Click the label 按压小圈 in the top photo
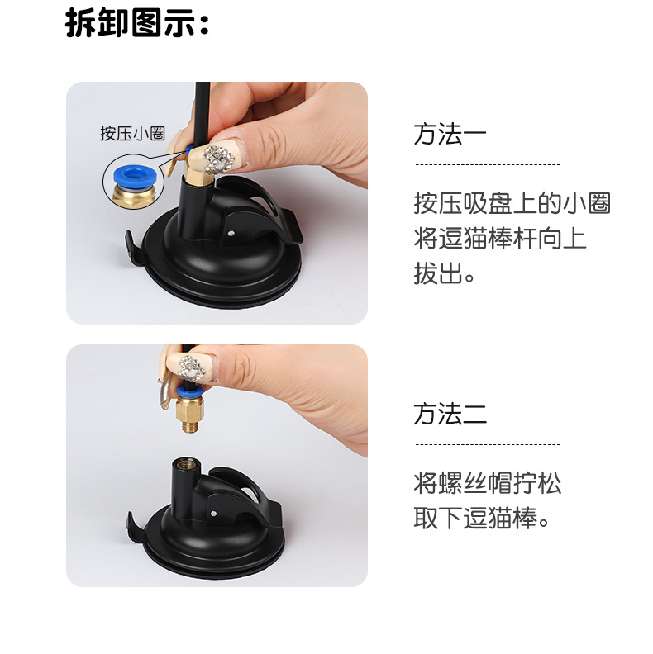(132, 134)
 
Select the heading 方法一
(450, 134)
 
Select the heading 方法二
(450, 414)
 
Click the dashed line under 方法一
(487, 164)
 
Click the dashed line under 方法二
(487, 444)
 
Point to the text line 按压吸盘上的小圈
(512, 203)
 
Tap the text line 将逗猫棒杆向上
(500, 238)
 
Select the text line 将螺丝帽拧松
(487, 483)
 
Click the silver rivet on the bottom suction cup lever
(214, 514)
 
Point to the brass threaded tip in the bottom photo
(191, 426)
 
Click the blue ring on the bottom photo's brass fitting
(189, 391)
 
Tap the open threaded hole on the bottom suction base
(184, 463)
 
